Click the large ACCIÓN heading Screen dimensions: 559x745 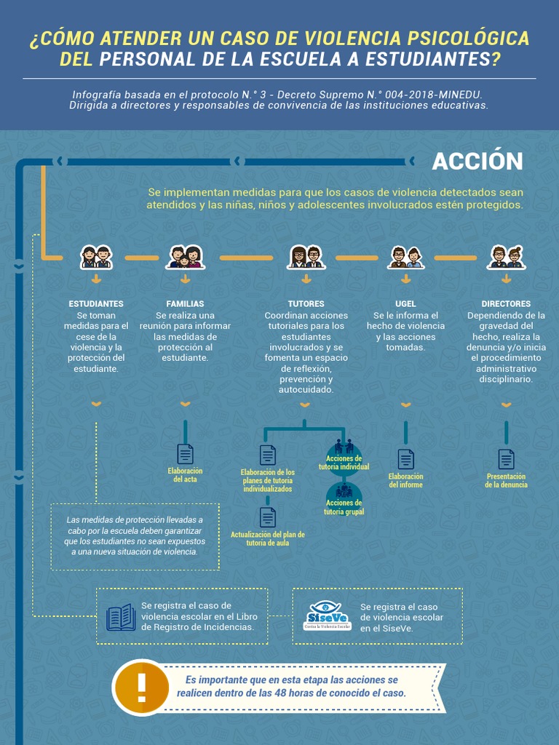[x=477, y=161]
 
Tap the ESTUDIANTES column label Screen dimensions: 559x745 [x=96, y=303]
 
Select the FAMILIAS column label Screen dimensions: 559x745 [x=185, y=303]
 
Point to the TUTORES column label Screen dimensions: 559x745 [x=306, y=303]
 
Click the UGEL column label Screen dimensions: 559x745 [x=405, y=303]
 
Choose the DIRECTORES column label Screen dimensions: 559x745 [x=506, y=303]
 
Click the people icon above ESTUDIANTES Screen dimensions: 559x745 [x=96, y=257]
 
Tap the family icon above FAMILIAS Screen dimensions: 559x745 [x=185, y=257]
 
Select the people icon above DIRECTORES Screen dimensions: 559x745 [x=506, y=257]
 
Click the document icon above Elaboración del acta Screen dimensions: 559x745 [x=186, y=454]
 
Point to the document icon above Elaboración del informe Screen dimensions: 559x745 [x=405, y=459]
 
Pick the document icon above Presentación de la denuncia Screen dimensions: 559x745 [x=506, y=459]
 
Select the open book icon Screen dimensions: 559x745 [x=121, y=618]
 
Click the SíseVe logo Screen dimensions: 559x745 [x=328, y=615]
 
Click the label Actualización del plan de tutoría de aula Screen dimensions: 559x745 [x=267, y=539]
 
